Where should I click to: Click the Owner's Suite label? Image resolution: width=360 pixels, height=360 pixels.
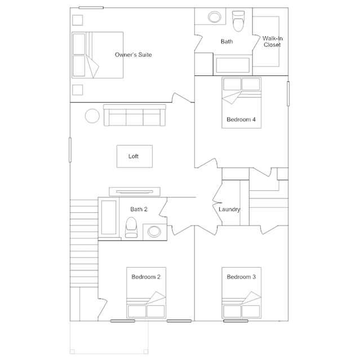[x=133, y=55]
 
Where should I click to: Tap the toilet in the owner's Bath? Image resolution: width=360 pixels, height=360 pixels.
[x=238, y=21]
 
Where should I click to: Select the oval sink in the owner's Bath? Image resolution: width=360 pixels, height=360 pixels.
[x=215, y=17]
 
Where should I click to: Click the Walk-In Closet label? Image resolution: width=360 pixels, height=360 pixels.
[x=273, y=42]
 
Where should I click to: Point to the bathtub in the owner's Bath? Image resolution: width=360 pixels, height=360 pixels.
[x=233, y=65]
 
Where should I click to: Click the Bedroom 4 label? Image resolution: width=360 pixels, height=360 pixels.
[x=241, y=119]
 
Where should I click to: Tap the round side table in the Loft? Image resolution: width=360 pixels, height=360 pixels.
[x=92, y=116]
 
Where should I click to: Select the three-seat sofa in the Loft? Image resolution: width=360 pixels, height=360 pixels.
[x=135, y=115]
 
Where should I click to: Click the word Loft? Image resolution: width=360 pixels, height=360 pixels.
[x=134, y=157]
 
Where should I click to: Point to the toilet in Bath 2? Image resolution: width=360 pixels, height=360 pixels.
[x=131, y=227]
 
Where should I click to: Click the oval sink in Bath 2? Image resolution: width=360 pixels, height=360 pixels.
[x=154, y=232]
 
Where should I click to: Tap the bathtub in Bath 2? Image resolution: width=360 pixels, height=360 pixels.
[x=109, y=217]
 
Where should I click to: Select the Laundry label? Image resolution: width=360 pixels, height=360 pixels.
[x=229, y=210]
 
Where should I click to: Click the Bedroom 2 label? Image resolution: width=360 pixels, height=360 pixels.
[x=146, y=277]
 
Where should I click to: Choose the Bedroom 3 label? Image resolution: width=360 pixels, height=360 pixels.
[x=241, y=277]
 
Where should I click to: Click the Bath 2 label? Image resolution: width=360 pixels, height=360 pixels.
[x=139, y=209]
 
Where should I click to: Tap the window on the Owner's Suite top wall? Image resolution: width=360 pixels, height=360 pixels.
[x=91, y=7]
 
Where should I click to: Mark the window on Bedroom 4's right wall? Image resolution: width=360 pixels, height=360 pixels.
[x=288, y=94]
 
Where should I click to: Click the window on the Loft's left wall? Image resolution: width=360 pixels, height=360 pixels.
[x=70, y=150]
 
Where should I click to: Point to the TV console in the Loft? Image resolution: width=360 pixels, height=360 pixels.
[x=135, y=192]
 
